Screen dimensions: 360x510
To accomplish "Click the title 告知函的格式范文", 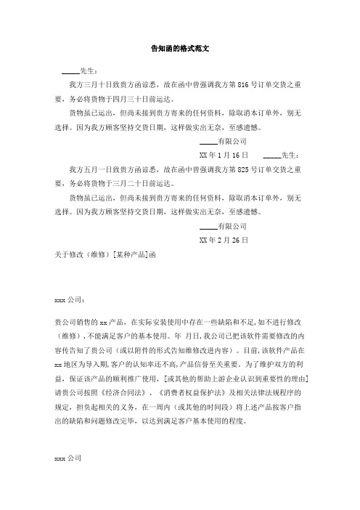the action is click(179, 48).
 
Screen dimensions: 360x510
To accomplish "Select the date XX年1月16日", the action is click(224, 136).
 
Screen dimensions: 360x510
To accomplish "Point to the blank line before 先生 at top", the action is click(70, 71).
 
